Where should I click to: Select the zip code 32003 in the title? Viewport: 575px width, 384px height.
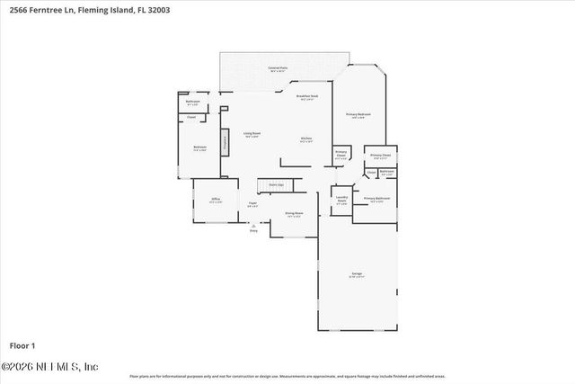(158, 10)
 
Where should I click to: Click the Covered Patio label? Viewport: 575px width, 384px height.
(278, 68)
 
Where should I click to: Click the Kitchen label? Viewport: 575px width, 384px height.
(306, 138)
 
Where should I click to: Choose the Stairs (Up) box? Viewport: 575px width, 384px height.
(276, 184)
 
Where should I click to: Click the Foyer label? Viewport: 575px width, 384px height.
(253, 204)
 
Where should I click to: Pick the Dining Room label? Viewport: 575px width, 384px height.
(293, 213)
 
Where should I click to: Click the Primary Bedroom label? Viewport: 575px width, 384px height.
(358, 115)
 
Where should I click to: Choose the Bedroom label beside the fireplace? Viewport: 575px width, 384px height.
(199, 147)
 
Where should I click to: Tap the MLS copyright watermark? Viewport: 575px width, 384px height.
(49, 367)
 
